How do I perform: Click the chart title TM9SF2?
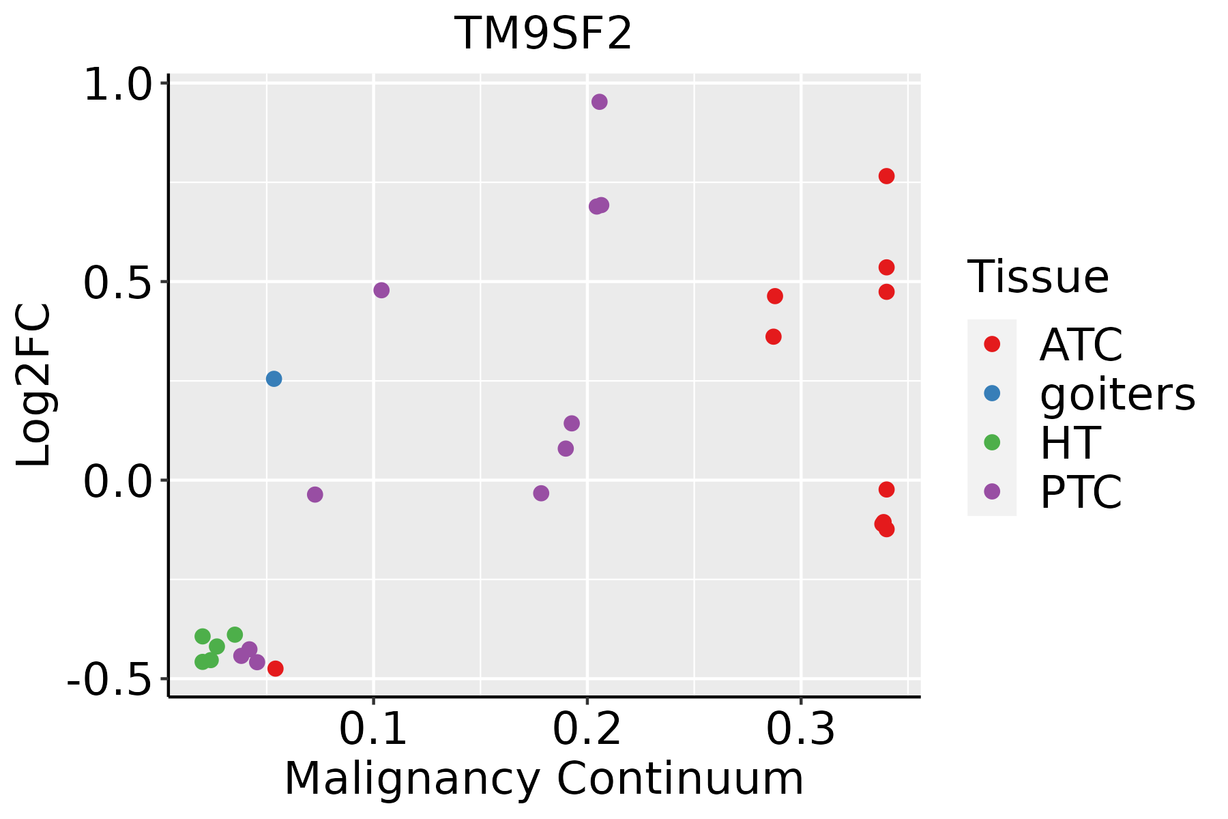[543, 34]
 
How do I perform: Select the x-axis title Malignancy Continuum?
[544, 779]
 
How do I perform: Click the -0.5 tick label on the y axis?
[109, 680]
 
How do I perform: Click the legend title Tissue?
[1038, 277]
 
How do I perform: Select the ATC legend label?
[1081, 345]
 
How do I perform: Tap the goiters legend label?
[1117, 394]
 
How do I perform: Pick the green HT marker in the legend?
[992, 442]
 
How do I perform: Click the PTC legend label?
[1081, 492]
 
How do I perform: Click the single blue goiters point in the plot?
[274, 379]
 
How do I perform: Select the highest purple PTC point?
[600, 102]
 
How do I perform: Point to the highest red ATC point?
[886, 176]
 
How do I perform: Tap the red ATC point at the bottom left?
[275, 668]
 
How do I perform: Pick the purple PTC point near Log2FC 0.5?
[381, 290]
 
